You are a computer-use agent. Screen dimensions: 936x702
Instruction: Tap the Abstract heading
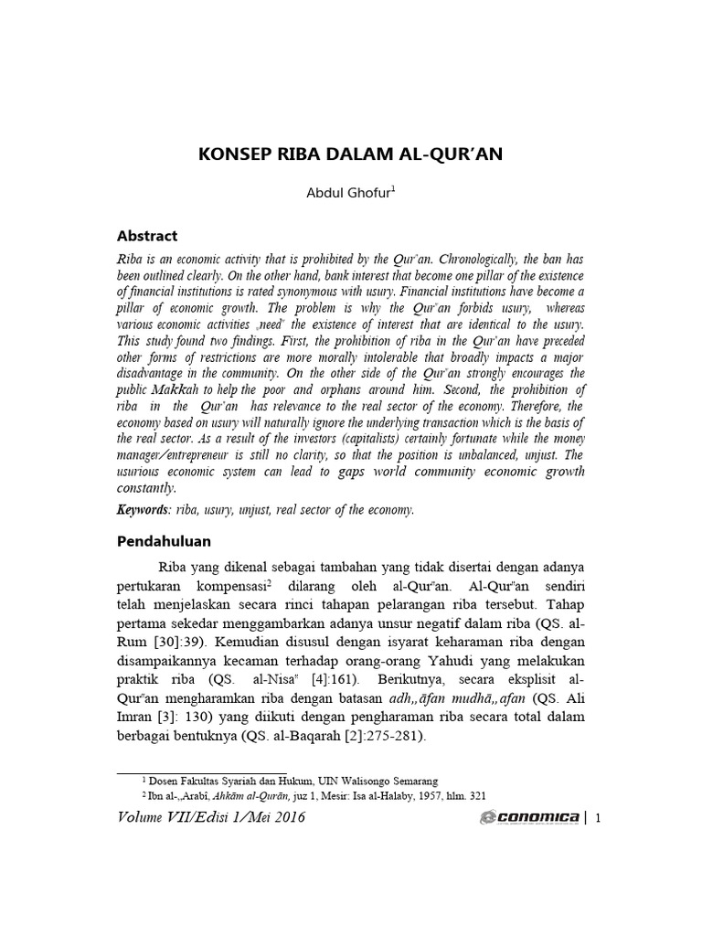pyautogui.click(x=147, y=235)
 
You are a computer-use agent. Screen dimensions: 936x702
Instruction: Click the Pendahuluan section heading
pyautogui.click(x=165, y=540)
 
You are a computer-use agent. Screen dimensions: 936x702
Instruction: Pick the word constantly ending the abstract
pyautogui.click(x=145, y=488)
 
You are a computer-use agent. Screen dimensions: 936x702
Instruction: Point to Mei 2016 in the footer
pyautogui.click(x=270, y=818)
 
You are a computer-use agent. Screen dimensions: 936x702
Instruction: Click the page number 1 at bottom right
pyautogui.click(x=597, y=818)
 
